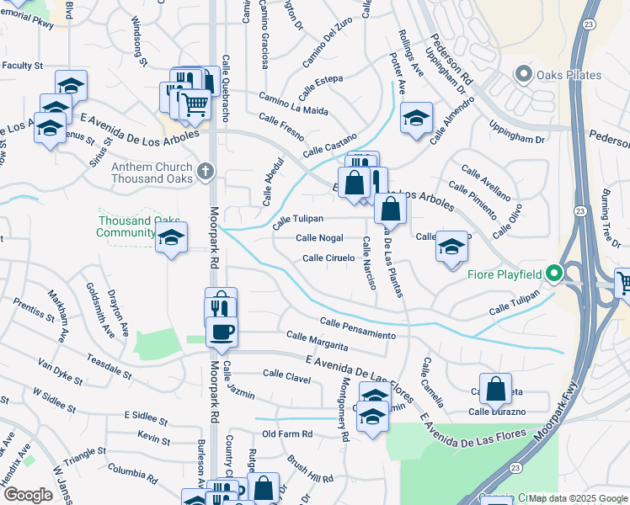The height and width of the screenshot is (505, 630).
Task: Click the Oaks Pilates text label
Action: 569,75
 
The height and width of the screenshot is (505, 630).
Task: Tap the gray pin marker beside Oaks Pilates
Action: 524,75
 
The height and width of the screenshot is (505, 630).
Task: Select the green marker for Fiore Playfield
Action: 553,274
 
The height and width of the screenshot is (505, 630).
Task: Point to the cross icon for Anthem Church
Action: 204,173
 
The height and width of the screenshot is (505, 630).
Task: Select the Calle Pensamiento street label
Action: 358,328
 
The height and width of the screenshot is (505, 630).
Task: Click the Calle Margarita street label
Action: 317,341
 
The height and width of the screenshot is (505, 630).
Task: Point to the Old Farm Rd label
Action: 287,434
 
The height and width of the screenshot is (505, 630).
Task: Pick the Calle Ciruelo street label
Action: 328,258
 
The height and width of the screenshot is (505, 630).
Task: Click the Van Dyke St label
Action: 60,370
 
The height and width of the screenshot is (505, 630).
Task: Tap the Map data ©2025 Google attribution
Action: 578,498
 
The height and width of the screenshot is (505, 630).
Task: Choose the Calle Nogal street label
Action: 319,238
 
